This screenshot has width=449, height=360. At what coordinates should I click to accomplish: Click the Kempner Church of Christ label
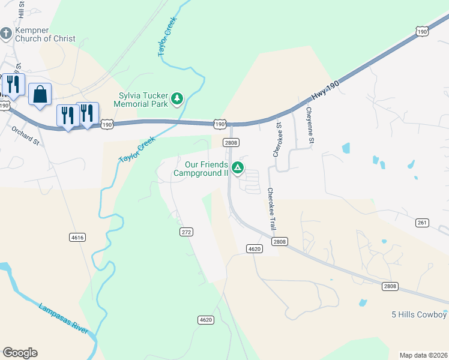[45, 34]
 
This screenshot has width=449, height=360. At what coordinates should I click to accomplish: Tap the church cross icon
[6, 32]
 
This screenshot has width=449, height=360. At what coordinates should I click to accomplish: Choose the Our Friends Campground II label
[201, 169]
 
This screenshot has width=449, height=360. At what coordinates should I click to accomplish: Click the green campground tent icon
[238, 168]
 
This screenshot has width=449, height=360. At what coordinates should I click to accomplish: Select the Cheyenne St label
[310, 125]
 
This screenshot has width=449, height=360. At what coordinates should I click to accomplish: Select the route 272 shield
[186, 231]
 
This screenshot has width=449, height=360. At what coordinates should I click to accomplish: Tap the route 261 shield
[422, 223]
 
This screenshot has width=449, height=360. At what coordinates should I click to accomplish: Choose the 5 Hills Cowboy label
[419, 315]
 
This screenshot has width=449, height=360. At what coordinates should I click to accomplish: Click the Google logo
[20, 353]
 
